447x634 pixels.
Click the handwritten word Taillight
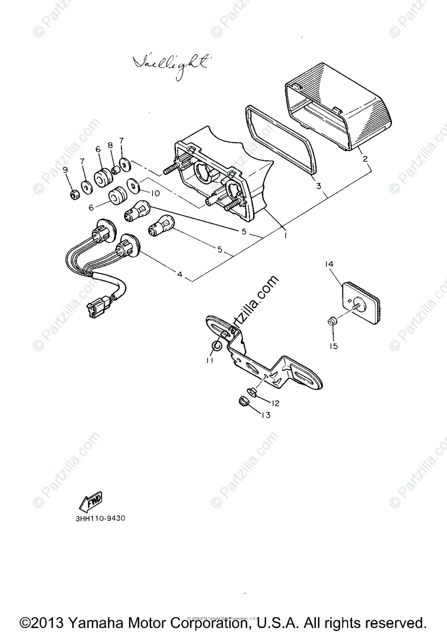(170, 63)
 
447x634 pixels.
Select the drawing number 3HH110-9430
(100, 518)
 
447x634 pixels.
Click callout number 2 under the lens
(365, 158)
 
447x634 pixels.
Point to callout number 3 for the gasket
(319, 186)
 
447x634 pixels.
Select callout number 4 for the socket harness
(180, 274)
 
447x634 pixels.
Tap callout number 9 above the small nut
(66, 170)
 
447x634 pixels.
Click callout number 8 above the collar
(110, 145)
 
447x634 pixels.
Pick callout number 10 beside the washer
(155, 193)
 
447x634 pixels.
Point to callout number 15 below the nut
(334, 346)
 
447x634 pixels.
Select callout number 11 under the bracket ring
(210, 360)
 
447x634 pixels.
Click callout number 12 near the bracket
(275, 403)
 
